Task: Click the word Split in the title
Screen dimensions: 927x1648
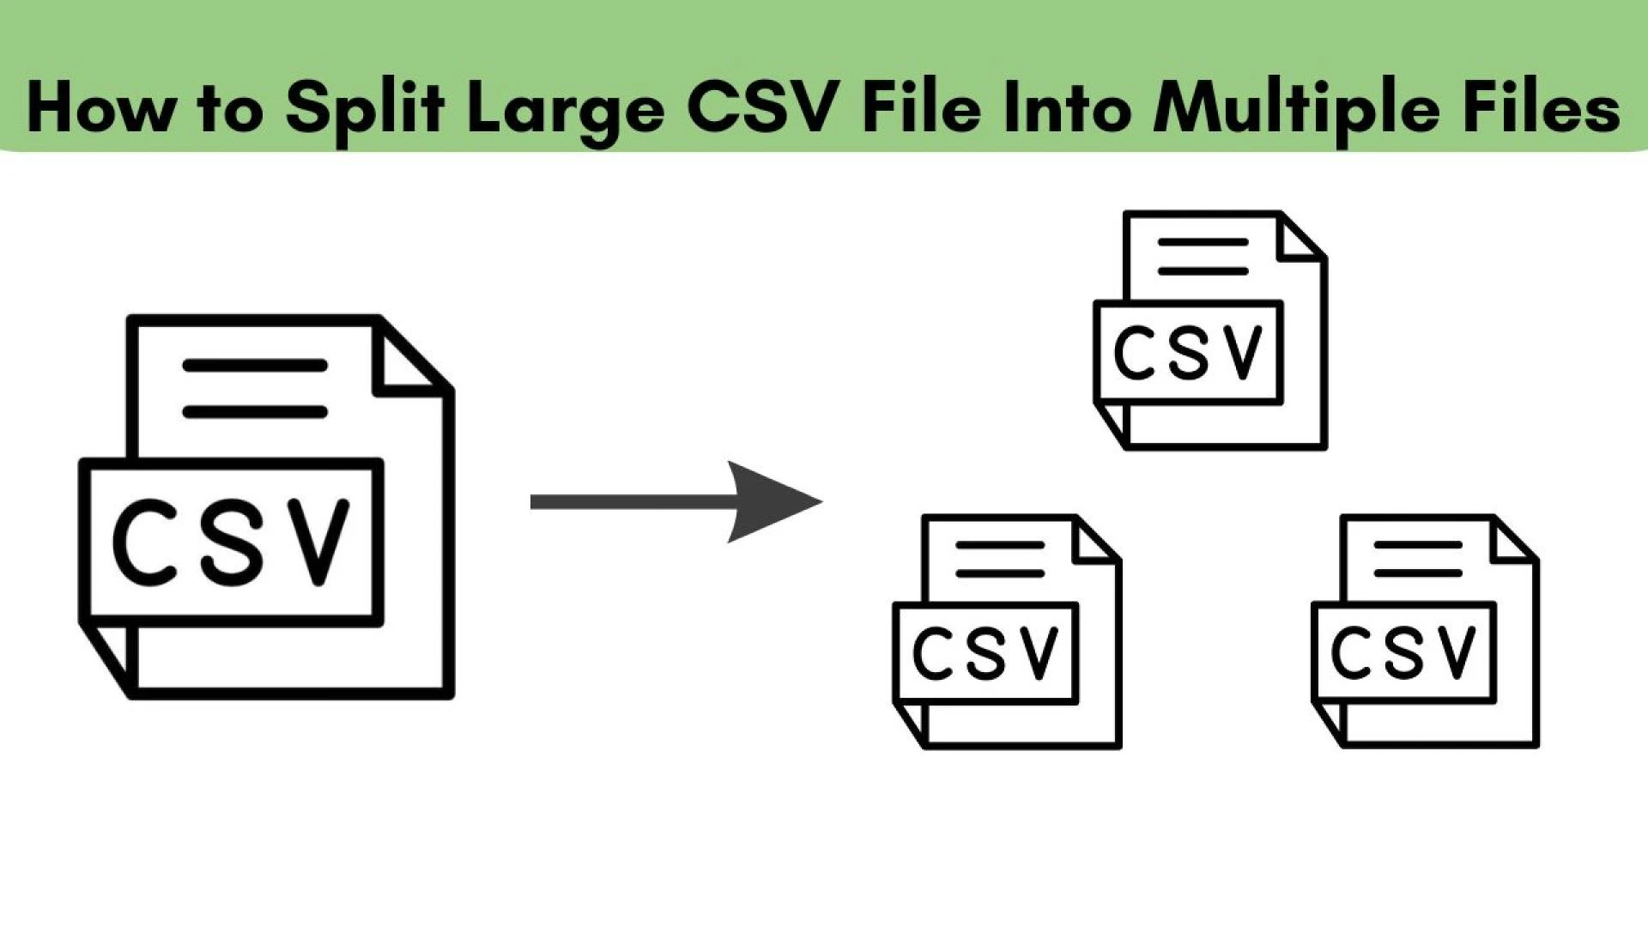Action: coord(365,110)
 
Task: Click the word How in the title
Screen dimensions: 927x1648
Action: coord(99,108)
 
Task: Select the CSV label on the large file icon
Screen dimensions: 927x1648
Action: coord(231,542)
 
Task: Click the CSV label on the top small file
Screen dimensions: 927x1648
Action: coord(1189,352)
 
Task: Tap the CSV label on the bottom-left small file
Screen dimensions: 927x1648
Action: coord(985,652)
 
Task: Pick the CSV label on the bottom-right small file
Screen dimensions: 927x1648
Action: coord(1404,652)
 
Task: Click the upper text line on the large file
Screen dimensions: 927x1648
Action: coord(255,366)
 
